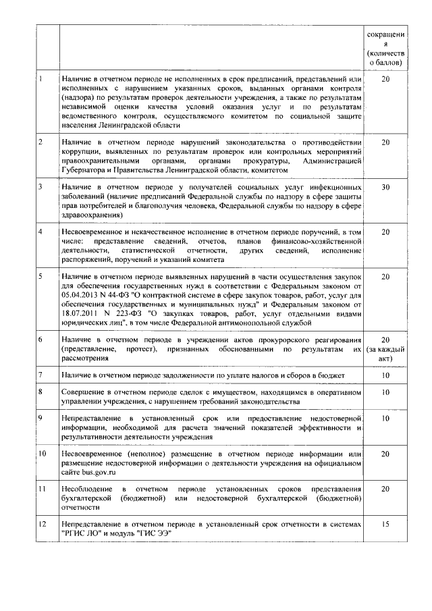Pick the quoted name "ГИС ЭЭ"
[155, 533]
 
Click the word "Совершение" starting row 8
[84, 392]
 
